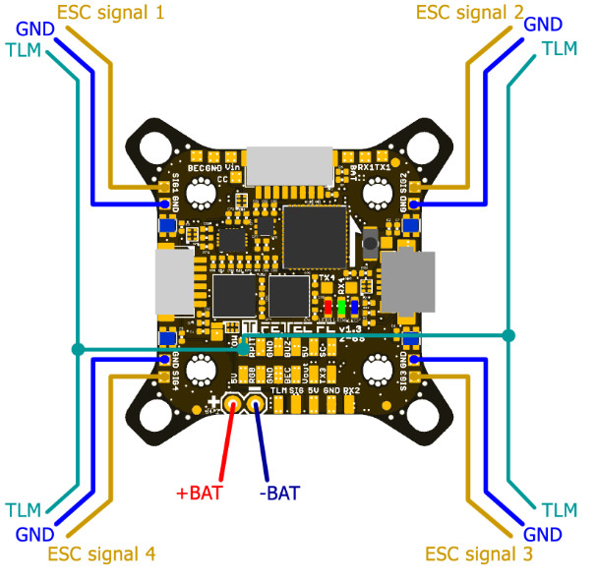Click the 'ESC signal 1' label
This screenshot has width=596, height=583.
click(x=110, y=13)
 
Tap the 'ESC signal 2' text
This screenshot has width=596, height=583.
click(x=469, y=13)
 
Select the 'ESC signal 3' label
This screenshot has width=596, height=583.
click(x=479, y=554)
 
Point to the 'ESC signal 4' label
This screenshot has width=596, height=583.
click(x=101, y=554)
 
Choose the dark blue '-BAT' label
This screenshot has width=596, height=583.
click(x=279, y=493)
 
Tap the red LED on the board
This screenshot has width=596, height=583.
click(x=328, y=308)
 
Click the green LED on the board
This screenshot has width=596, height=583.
click(x=341, y=308)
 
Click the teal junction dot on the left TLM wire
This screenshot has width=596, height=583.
click(x=77, y=348)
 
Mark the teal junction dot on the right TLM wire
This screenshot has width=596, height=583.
click(x=507, y=336)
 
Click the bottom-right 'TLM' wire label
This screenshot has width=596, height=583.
click(x=559, y=509)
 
